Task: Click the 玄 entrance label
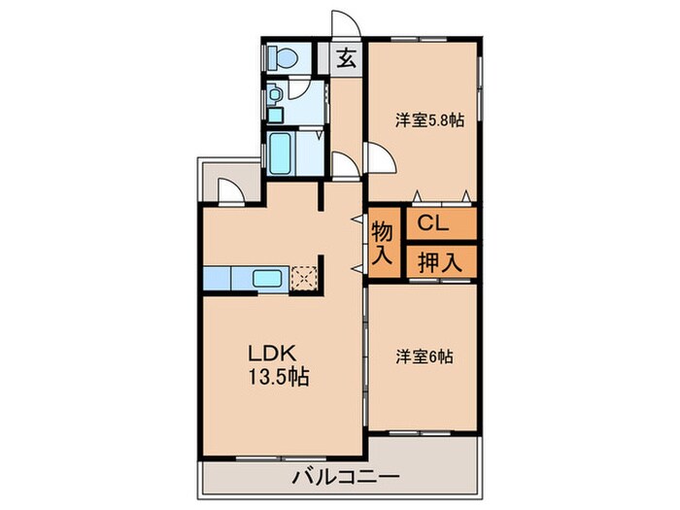(x=346, y=58)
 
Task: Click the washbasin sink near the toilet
(x=277, y=95)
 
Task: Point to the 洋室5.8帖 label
(x=428, y=120)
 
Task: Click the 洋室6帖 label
(x=424, y=357)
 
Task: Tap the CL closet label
(x=433, y=224)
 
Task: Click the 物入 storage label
(x=382, y=244)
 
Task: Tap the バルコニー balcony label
(x=344, y=477)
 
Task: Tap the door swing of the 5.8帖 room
(x=380, y=157)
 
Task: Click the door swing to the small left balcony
(x=230, y=190)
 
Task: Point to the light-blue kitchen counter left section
(x=218, y=279)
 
